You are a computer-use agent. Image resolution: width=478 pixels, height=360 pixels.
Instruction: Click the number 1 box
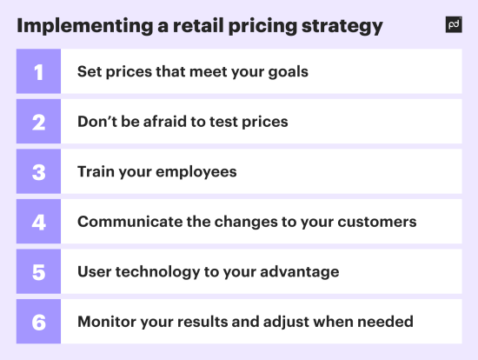click(x=38, y=71)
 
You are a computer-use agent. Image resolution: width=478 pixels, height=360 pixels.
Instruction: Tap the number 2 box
click(x=38, y=122)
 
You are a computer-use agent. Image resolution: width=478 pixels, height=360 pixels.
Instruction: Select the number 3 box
click(x=38, y=171)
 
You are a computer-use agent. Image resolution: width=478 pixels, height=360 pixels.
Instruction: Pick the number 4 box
click(x=38, y=222)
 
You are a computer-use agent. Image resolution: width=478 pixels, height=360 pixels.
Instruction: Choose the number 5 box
click(x=38, y=272)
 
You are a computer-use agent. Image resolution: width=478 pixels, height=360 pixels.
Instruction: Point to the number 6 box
click(x=38, y=322)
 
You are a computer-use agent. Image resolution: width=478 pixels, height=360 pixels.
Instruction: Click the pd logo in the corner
click(x=454, y=25)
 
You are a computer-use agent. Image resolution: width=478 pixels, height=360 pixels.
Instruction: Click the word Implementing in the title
click(x=79, y=26)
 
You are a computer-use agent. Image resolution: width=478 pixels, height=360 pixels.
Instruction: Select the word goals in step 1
click(x=287, y=71)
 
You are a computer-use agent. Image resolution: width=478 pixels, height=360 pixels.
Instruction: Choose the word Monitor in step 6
click(x=106, y=322)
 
